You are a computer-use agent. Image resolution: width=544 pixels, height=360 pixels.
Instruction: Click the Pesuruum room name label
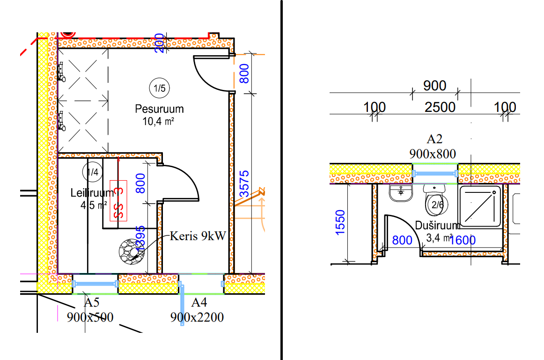159,109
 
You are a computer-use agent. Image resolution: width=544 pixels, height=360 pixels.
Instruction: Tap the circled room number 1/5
159,88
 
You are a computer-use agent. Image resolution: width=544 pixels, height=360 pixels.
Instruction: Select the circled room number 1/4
92,172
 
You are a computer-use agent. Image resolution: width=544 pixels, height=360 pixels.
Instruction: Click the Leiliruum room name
92,193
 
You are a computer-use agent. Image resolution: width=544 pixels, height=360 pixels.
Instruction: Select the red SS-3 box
118,200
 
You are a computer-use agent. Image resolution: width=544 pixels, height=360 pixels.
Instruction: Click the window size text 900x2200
197,317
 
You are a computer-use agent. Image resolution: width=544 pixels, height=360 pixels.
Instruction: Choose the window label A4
196,302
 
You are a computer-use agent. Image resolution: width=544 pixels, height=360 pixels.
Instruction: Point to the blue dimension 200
159,43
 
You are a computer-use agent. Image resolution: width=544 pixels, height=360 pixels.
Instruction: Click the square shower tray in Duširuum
481,206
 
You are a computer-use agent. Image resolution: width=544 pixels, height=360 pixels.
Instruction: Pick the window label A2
434,139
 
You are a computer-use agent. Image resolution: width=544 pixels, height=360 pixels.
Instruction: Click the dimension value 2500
440,107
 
